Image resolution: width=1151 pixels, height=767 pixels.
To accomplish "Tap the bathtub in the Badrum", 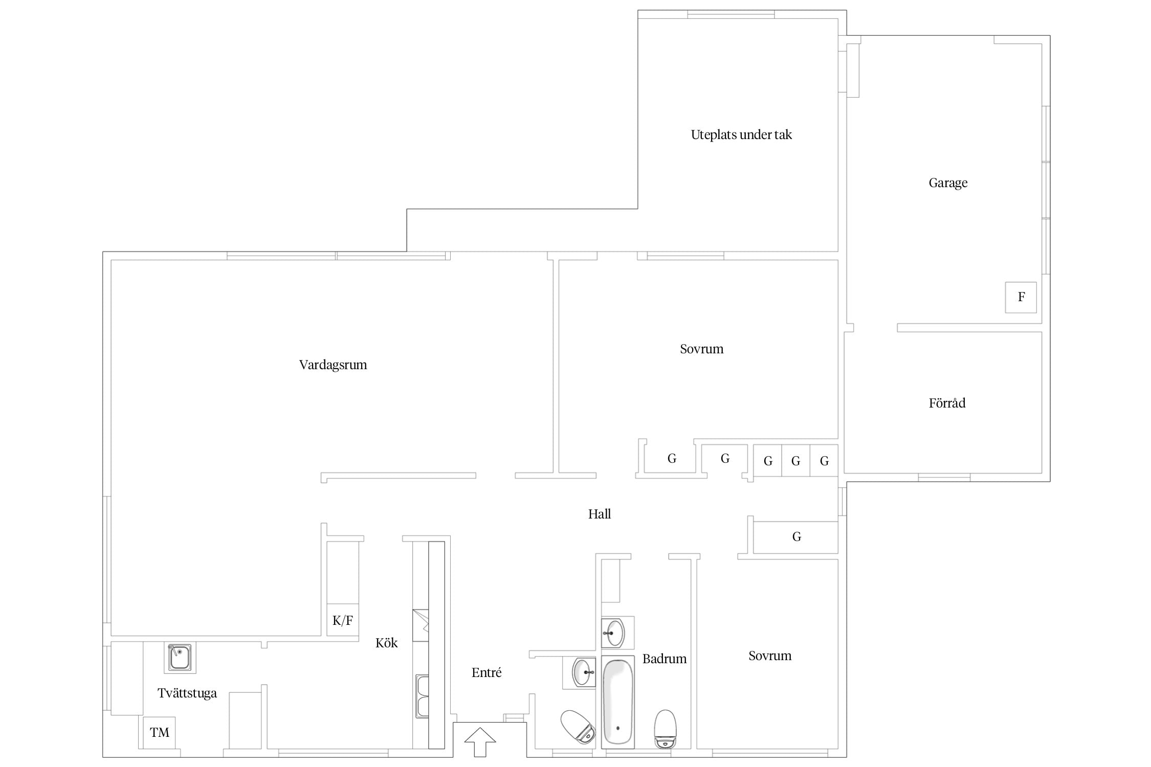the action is [x=618, y=702].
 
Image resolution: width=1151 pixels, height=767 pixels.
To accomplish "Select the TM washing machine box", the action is [x=159, y=733].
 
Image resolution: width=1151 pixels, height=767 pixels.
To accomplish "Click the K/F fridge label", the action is [x=343, y=620].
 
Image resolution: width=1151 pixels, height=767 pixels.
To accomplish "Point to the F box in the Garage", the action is [x=1021, y=297].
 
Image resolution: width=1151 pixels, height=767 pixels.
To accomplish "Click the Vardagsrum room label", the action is [x=333, y=365].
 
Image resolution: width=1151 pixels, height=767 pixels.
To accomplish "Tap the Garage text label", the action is [x=948, y=183].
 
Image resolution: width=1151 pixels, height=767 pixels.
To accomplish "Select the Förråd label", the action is [x=947, y=403].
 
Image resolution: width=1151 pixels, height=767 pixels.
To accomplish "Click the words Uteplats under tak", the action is [x=741, y=134].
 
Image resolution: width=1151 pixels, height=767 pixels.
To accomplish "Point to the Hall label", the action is [x=600, y=514].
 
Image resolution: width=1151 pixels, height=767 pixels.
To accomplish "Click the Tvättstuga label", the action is [x=187, y=693].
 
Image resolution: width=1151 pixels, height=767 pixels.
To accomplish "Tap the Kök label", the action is [x=386, y=643].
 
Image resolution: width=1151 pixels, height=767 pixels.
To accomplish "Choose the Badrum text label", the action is [x=665, y=659].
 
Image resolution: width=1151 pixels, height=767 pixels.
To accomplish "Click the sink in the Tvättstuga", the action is [x=180, y=658].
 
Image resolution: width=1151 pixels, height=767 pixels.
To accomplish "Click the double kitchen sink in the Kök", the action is [x=422, y=696].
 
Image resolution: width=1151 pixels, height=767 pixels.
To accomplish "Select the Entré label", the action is [x=486, y=672].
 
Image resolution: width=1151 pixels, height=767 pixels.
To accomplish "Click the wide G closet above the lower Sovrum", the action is [x=796, y=537].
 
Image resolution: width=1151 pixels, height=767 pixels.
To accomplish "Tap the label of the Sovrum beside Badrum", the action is [x=770, y=656].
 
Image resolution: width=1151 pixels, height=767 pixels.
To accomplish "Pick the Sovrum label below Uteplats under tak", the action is [x=701, y=349].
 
